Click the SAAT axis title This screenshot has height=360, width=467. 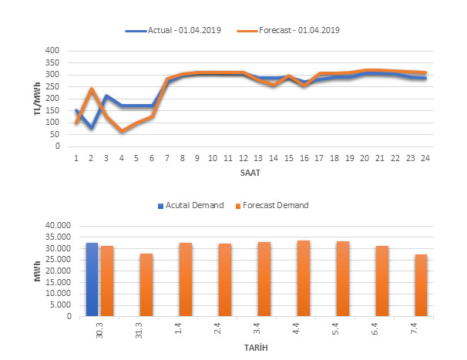tap(250, 173)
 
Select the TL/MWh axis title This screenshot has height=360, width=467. tap(38, 99)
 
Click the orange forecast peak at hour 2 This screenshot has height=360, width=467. tap(92, 89)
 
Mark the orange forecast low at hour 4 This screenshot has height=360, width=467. tap(122, 131)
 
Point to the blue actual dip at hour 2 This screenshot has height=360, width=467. tap(92, 127)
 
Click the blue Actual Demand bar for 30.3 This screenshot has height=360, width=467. tap(92, 279)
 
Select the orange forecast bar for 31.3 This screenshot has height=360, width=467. tap(146, 284)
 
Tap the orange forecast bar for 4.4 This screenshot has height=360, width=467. tap(304, 278)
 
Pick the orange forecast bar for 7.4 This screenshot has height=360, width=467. tap(422, 285)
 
